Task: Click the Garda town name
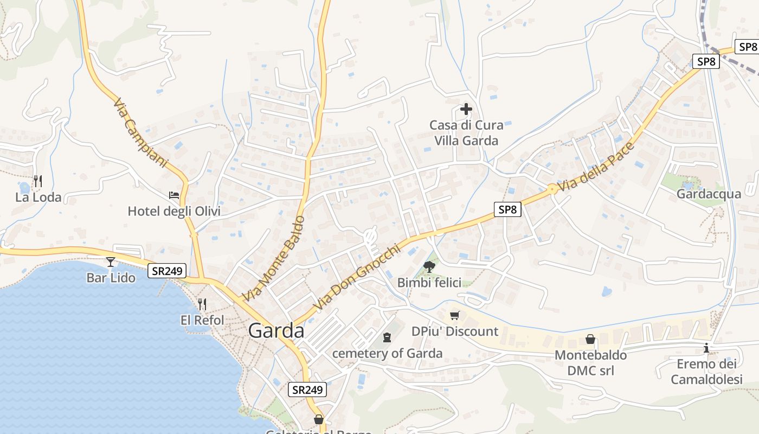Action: coord(276,330)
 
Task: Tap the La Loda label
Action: coord(38,197)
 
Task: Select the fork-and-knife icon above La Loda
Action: coord(37,181)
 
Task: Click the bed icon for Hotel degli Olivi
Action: coord(174,195)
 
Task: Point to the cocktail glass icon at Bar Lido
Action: coord(111,262)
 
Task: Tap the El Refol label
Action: coord(202,320)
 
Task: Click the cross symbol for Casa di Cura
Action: coord(466,109)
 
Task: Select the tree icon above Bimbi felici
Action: coord(429,266)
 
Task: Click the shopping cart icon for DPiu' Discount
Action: coord(455,315)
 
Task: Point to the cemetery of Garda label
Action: coord(387,354)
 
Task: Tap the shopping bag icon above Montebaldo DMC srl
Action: coord(590,339)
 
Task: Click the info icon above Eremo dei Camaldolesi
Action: coord(706,348)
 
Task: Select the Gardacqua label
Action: coord(709,194)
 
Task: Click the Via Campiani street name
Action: coord(141,132)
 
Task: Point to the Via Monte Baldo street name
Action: coord(274,258)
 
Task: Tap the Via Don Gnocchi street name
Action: coord(356,277)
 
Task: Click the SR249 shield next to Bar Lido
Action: coord(167,270)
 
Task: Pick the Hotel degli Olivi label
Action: coord(174,211)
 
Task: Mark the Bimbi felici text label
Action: coord(429,283)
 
